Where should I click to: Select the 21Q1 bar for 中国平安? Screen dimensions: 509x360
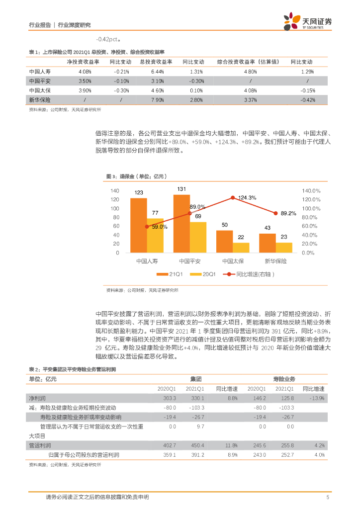tap(181, 224)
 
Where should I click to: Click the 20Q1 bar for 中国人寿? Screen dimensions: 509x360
tap(155, 236)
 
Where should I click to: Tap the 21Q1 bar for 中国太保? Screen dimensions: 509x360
tap(224, 242)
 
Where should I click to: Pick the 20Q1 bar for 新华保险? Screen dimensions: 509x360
tap(284, 248)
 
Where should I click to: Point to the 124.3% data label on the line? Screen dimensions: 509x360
tap(247, 198)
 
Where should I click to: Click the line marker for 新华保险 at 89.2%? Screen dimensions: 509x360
tap(275, 213)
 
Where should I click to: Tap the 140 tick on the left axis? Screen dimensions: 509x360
tap(114, 191)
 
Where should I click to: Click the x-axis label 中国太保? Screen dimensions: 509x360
tap(232, 261)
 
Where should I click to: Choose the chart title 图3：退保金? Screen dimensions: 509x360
tap(135, 176)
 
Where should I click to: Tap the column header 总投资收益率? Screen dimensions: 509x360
tap(156, 62)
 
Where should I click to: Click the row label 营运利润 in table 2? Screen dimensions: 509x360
tap(40, 445)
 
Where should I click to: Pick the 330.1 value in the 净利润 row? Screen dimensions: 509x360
tap(195, 399)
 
